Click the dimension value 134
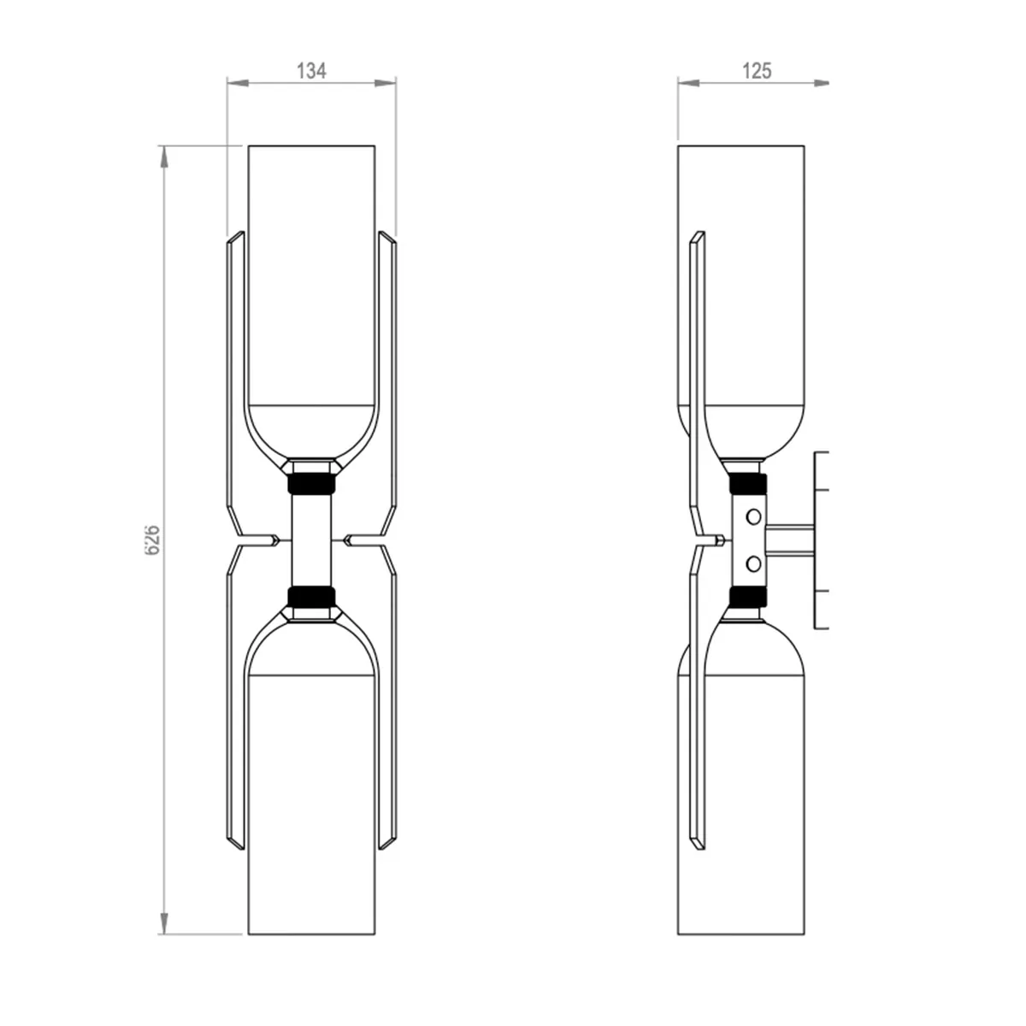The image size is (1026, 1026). (x=311, y=71)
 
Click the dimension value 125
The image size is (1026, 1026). (x=757, y=71)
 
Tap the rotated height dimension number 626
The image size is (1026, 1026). (x=152, y=540)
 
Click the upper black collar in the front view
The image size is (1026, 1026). (x=311, y=483)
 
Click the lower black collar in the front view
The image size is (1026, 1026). (x=311, y=597)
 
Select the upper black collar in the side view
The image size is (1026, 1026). (x=747, y=483)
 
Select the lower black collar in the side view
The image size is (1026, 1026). (x=747, y=597)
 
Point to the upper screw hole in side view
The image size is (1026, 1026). (x=753, y=516)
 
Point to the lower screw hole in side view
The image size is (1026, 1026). (x=753, y=563)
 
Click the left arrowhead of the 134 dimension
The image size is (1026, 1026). (x=238, y=83)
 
